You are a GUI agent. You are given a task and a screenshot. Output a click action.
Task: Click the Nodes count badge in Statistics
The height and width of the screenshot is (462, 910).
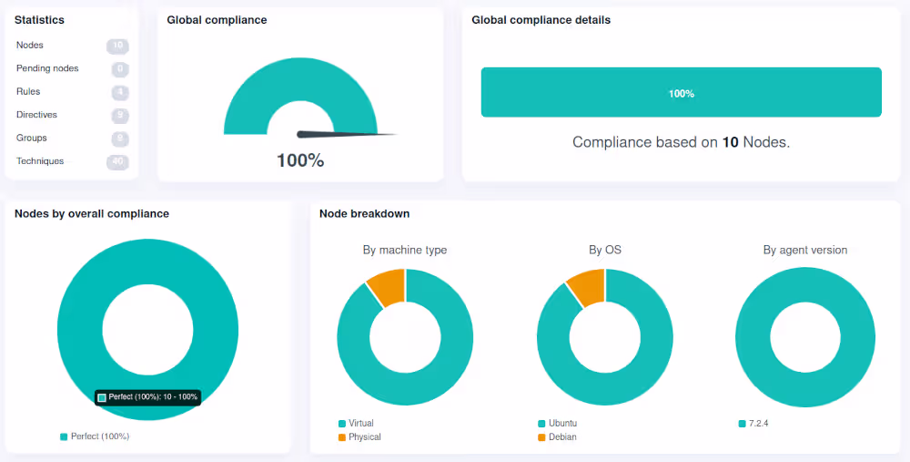[x=117, y=46]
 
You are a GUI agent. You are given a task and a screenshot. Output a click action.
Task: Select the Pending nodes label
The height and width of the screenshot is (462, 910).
[x=47, y=68]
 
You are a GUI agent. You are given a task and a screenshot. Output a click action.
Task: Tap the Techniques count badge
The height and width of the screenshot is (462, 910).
[x=117, y=161]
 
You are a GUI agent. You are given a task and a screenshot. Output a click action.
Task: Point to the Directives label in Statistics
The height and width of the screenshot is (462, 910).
[x=36, y=115]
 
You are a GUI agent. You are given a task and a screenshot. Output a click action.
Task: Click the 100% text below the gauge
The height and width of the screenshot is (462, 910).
[x=300, y=160]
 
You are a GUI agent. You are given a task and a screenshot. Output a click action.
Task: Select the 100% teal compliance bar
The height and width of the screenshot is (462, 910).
[x=681, y=92]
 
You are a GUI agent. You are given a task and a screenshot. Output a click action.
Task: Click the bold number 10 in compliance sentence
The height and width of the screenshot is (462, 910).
[x=730, y=142]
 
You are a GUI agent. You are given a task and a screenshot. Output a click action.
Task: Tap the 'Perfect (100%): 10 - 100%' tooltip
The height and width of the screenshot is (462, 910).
[x=147, y=397]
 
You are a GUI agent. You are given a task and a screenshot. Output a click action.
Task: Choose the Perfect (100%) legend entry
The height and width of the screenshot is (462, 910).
[x=95, y=436]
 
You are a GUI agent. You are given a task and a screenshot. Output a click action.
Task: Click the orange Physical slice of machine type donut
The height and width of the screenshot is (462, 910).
[x=388, y=285]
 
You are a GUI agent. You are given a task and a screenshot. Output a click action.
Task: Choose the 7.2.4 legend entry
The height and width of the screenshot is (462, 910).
[x=755, y=424]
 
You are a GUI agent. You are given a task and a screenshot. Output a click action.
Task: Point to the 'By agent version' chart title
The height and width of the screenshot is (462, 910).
[x=804, y=250]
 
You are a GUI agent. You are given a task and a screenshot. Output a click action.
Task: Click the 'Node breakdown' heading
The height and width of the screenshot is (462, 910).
[x=364, y=213]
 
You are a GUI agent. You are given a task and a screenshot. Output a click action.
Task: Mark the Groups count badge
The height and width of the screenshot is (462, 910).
[x=118, y=139]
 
